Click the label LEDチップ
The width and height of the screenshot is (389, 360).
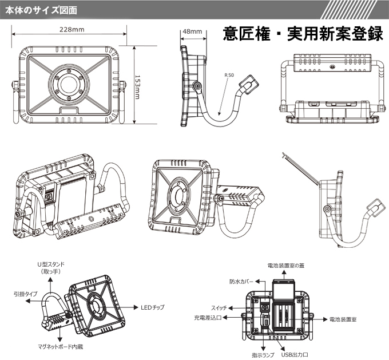click(152, 307)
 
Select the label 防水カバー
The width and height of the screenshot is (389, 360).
click(241, 282)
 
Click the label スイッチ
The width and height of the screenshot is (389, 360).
click(223, 306)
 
